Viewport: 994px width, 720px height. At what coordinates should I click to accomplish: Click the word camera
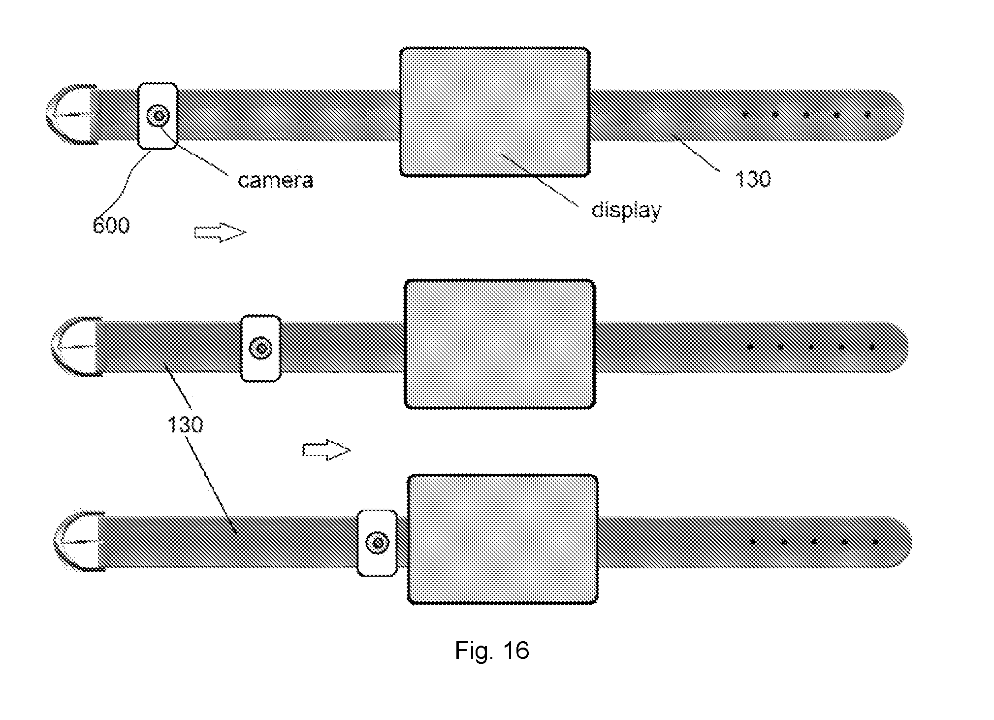[275, 181]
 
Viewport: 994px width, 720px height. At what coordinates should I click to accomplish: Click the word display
[626, 210]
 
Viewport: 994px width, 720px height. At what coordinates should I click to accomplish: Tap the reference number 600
[111, 226]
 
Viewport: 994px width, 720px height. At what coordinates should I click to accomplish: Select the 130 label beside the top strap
[753, 179]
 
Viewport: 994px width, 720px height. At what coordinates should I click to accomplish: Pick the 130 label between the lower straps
[185, 424]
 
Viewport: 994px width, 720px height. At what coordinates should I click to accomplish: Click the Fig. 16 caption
[492, 650]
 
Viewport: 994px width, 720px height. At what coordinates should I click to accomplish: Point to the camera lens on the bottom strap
[378, 543]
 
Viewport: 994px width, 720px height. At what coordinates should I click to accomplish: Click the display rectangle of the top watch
[494, 112]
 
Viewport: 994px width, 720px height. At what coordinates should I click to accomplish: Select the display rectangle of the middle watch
[500, 344]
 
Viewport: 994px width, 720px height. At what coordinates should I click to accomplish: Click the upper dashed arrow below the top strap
[220, 232]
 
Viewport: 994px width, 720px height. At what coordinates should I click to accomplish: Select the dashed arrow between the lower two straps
[326, 450]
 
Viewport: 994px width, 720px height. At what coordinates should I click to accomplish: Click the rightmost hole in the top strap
[867, 115]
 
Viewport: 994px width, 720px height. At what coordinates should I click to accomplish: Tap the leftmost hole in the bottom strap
[753, 542]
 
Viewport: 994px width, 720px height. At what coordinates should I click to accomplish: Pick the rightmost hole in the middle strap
[872, 347]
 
